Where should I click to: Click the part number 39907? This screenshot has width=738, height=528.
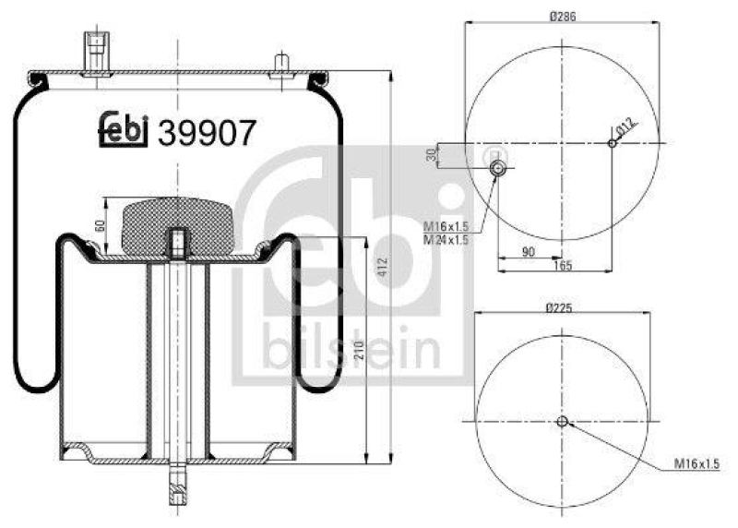point(207,134)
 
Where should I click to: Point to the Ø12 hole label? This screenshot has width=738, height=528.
point(627,128)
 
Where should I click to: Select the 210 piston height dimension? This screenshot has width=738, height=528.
point(359,350)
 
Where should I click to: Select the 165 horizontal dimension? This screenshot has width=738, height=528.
point(562,266)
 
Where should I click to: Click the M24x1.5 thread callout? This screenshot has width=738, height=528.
point(446,239)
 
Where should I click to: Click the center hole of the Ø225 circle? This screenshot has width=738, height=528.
point(562,422)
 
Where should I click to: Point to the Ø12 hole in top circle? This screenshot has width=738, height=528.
point(612,142)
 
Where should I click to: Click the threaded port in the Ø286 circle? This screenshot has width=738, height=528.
point(496,168)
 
